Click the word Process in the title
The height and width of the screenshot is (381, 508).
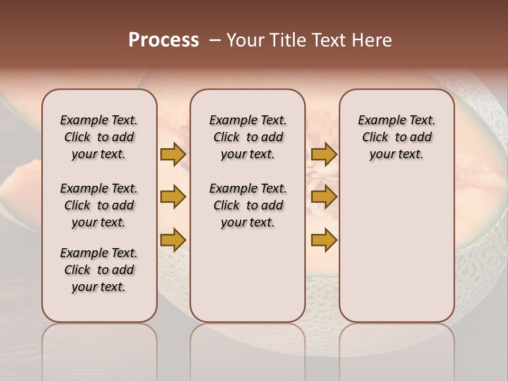coord(164,40)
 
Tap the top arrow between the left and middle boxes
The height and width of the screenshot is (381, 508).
coord(173,155)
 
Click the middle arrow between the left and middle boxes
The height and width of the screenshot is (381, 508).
coord(173,197)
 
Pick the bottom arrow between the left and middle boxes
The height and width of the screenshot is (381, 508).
coord(173,239)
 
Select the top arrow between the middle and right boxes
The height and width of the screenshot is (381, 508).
coord(324,155)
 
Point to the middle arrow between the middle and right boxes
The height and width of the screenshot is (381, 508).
coord(324,197)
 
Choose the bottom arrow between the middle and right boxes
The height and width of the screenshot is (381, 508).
coord(324,240)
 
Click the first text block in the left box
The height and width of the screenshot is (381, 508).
coord(99,137)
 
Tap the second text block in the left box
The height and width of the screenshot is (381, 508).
coord(99,205)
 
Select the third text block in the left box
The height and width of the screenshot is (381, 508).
coord(99,270)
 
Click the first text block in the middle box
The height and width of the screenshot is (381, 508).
coord(248,137)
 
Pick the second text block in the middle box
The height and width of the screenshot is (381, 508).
coord(248,205)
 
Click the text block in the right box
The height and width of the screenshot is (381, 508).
coord(396,137)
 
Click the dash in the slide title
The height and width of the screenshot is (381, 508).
coord(214,41)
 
